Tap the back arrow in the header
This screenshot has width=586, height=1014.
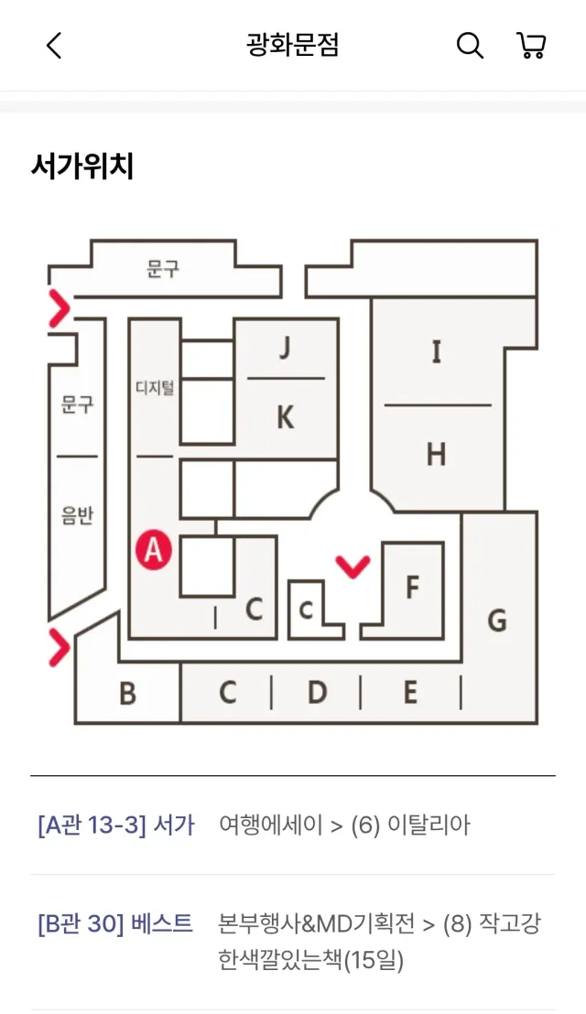(54, 46)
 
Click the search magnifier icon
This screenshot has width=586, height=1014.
(470, 46)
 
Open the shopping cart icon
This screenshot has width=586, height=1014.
(531, 46)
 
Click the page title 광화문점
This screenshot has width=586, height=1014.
(292, 45)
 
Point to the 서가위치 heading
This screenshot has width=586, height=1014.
(82, 167)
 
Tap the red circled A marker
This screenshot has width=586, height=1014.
(154, 550)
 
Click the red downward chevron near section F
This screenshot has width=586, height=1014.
(353, 566)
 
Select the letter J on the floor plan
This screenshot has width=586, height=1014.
(285, 347)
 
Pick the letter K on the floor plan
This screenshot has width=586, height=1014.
(286, 417)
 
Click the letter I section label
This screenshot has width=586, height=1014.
(437, 351)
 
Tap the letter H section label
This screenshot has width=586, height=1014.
(436, 454)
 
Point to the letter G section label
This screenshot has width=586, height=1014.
(497, 620)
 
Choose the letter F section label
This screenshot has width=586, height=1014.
(412, 588)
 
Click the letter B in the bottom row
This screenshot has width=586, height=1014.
(128, 694)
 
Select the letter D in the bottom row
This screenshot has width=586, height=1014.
(317, 692)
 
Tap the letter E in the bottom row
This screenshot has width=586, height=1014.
(410, 692)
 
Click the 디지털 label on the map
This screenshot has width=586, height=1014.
(155, 388)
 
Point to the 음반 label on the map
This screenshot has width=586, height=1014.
(77, 515)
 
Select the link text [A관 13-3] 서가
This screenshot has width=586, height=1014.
(116, 825)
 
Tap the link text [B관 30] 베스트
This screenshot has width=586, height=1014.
(115, 923)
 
